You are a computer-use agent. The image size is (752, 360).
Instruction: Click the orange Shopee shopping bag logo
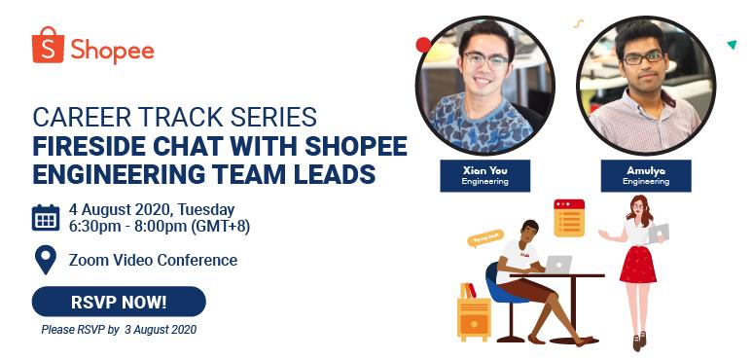click(x=48, y=46)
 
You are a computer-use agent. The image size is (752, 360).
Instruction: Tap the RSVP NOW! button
click(x=119, y=302)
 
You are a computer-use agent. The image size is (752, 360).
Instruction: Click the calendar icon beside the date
click(x=46, y=217)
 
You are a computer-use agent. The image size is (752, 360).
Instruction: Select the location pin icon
click(x=46, y=260)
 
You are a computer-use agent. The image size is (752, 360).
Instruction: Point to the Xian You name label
click(x=484, y=175)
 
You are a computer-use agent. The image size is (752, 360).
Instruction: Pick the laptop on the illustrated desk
click(x=557, y=264)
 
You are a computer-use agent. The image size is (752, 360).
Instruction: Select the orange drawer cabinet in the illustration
click(x=475, y=317)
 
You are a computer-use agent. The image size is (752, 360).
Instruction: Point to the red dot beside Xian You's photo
click(x=423, y=45)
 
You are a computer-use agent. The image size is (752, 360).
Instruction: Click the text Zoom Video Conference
click(x=153, y=260)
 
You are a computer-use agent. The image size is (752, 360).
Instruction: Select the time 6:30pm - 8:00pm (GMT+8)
click(x=159, y=227)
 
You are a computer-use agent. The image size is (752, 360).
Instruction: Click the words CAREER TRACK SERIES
click(x=174, y=118)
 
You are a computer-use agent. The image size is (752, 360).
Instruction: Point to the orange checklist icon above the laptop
click(x=568, y=217)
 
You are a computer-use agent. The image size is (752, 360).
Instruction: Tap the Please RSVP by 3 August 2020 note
click(x=119, y=330)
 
